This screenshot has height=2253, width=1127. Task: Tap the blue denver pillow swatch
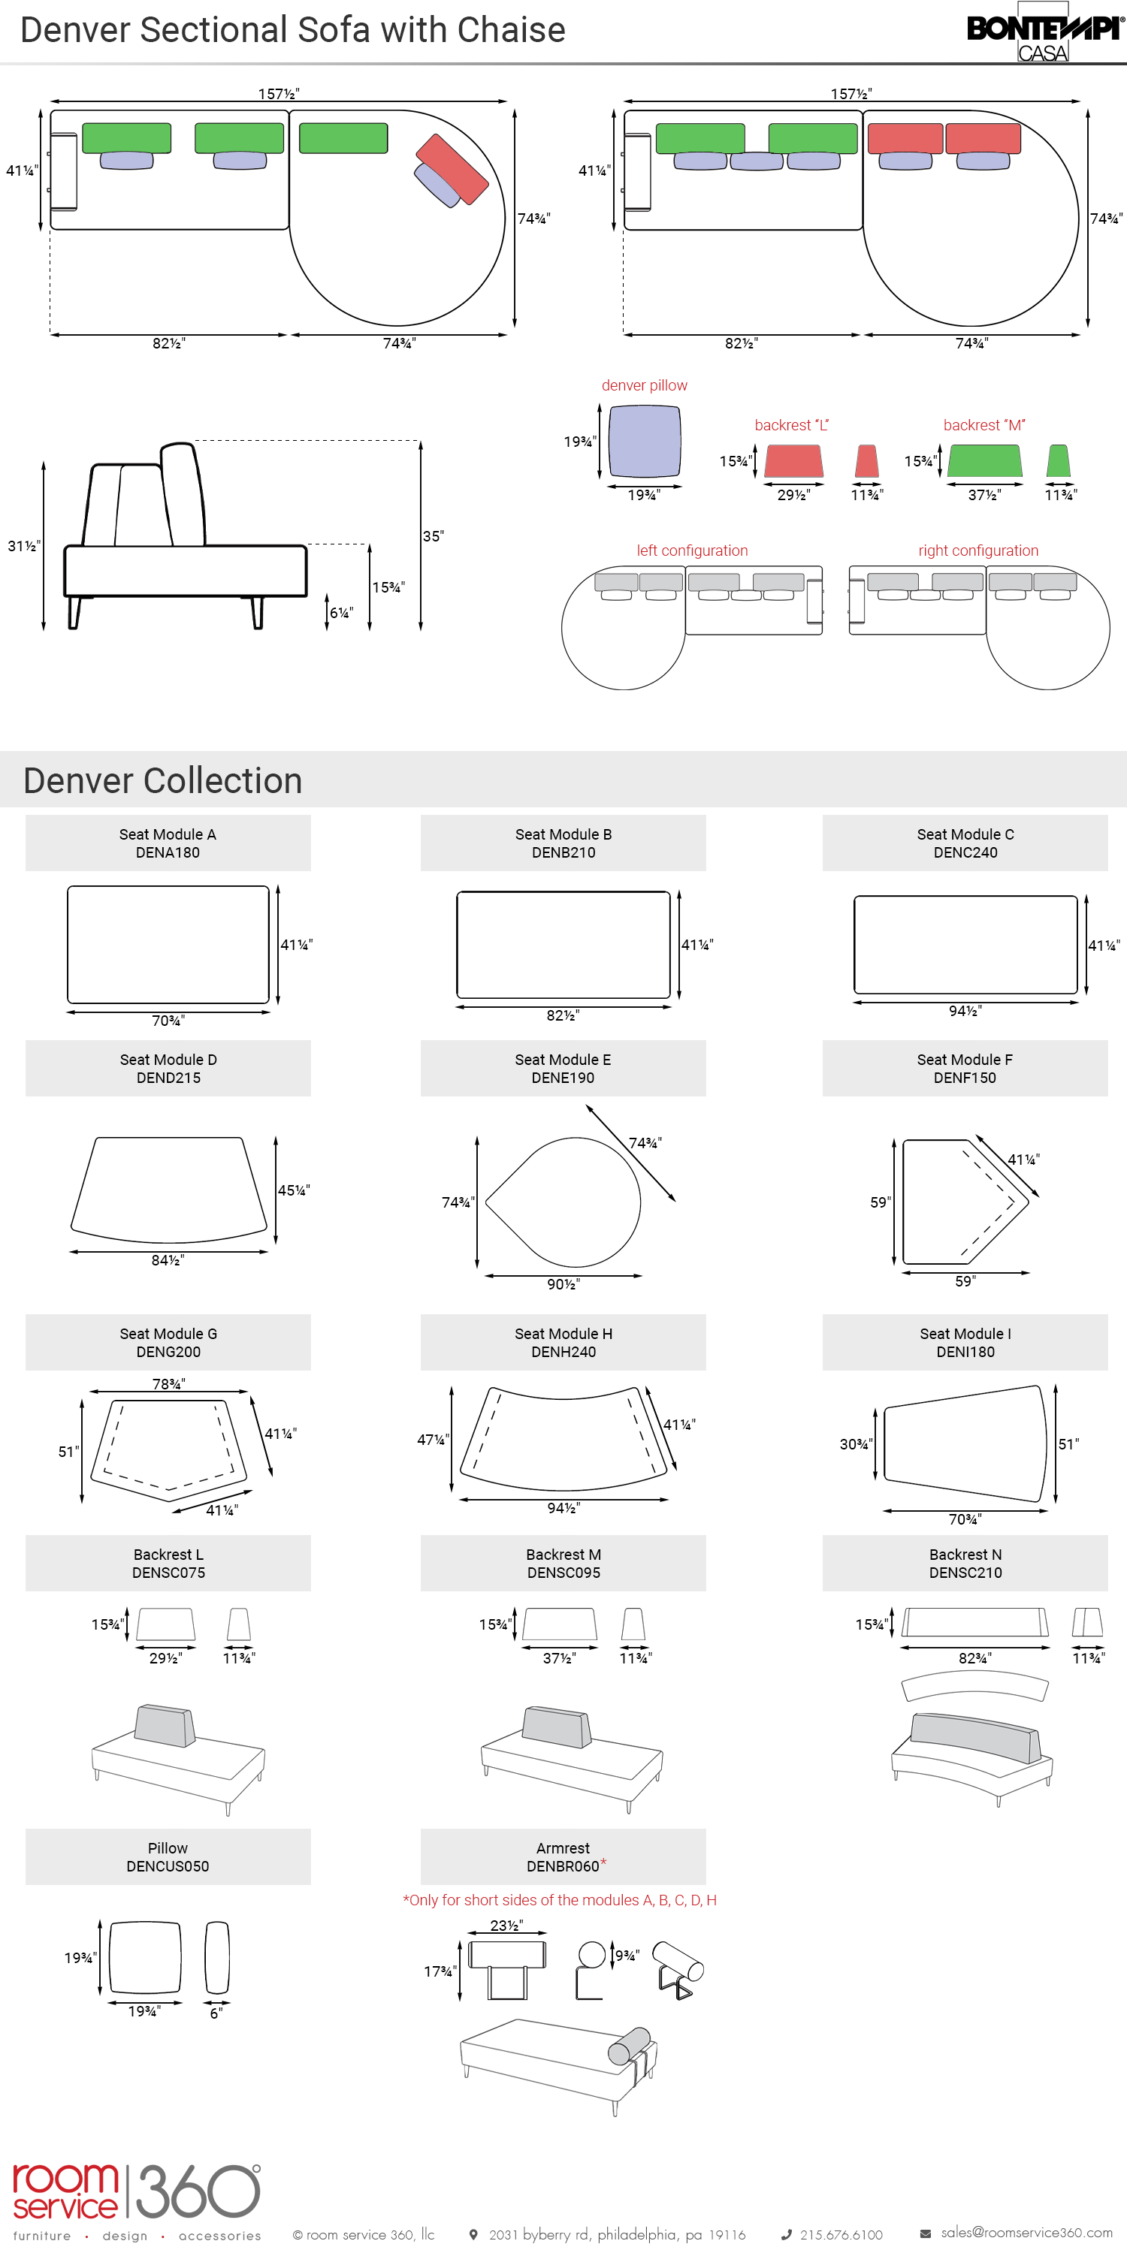coord(644,441)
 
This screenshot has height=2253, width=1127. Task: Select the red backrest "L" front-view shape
coord(793,461)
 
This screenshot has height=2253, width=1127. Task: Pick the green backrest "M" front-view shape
coord(984,461)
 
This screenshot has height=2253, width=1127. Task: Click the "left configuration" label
coord(692,550)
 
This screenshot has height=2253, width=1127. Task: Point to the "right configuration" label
coord(978,550)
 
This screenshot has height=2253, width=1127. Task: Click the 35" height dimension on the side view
coord(433,536)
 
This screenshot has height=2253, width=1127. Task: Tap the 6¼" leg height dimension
coord(341,613)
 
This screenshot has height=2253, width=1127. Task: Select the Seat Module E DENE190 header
coord(563,1068)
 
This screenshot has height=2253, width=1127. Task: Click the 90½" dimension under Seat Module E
coord(563,1284)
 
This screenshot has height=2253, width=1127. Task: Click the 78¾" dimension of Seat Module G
coord(169,1383)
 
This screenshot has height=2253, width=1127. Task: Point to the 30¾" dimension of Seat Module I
coord(856,1444)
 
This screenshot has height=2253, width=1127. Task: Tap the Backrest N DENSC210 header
coord(965,1563)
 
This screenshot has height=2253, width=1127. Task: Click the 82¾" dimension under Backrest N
coord(974,1658)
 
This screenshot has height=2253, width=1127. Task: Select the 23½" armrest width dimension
coord(506,1925)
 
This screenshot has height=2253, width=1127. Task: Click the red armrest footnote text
coord(560,1900)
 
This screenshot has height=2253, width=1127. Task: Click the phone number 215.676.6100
coord(841,2235)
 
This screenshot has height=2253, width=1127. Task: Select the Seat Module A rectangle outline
coord(168,945)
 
